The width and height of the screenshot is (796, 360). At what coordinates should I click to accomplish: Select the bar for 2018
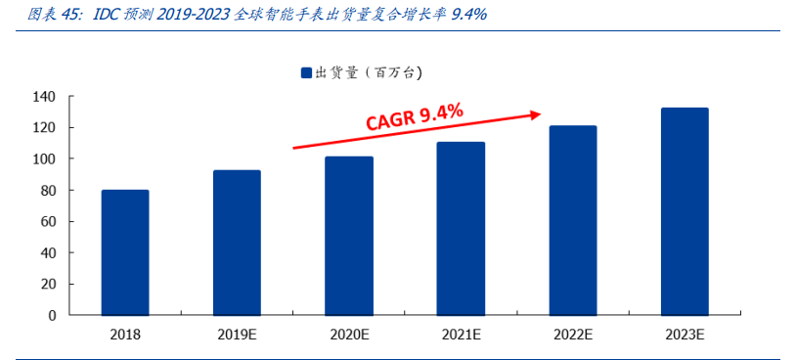(x=125, y=252)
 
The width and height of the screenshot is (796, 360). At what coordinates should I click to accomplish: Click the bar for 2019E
(x=237, y=243)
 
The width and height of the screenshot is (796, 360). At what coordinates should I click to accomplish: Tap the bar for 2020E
(x=349, y=236)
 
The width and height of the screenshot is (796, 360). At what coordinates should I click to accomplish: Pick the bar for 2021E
(x=461, y=229)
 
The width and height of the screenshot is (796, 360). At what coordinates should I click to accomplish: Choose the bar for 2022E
(x=572, y=220)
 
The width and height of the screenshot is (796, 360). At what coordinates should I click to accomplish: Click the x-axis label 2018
(x=125, y=334)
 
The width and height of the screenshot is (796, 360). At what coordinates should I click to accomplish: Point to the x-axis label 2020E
(x=349, y=334)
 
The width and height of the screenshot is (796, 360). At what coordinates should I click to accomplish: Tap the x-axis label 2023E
(x=685, y=334)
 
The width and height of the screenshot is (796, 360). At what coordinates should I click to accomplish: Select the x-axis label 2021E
(x=461, y=334)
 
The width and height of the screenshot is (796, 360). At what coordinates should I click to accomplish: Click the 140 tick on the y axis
(x=45, y=97)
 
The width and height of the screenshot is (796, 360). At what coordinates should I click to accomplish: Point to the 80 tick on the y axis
(x=49, y=191)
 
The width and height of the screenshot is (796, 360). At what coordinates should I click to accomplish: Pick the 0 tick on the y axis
(x=53, y=316)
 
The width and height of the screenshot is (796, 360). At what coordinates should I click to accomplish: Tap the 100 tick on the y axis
(x=45, y=159)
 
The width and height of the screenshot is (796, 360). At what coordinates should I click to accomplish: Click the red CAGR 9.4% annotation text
(x=414, y=117)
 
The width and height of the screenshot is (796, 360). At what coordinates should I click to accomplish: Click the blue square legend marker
(x=305, y=72)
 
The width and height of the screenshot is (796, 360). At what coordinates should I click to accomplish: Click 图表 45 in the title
(x=43, y=15)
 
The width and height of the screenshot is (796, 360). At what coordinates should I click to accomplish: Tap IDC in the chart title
(x=108, y=15)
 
